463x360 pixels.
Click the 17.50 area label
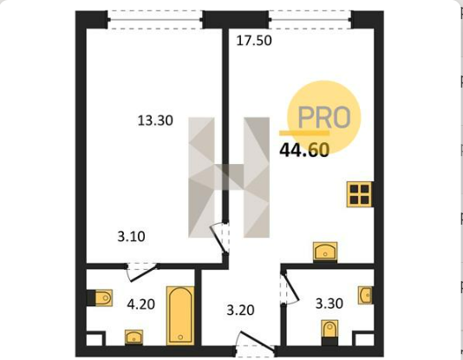point(254,41)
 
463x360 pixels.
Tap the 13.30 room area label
point(155,121)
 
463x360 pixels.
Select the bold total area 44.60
point(304,150)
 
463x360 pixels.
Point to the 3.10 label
point(132,237)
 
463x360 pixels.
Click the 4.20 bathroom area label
point(140,304)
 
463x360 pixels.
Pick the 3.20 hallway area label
point(240,310)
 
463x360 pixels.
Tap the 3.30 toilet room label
point(329,304)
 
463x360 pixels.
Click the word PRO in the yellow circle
point(324,117)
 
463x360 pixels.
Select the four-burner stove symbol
point(359,194)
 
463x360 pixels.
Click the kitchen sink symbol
point(325,252)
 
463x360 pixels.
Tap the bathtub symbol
point(180,316)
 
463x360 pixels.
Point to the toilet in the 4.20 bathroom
point(100,298)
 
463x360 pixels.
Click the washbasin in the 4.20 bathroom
point(134,337)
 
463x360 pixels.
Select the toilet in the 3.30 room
point(329,332)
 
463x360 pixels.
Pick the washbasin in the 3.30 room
point(365,295)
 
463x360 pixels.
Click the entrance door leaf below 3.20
point(258,342)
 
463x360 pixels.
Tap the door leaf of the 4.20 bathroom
point(144,273)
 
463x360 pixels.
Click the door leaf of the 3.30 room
point(290,287)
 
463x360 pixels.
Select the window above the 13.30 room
point(155,20)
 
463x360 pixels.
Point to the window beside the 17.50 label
point(310,20)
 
